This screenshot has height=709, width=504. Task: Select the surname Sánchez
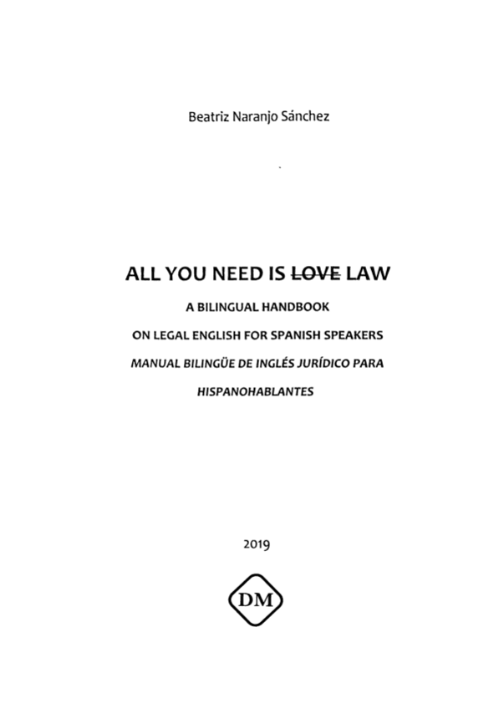(304, 117)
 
